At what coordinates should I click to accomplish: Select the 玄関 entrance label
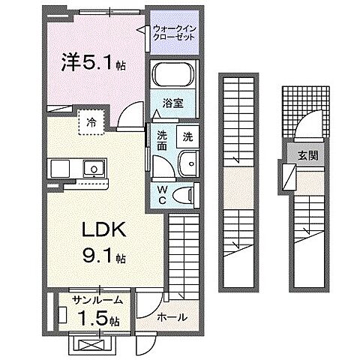click(x=307, y=156)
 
